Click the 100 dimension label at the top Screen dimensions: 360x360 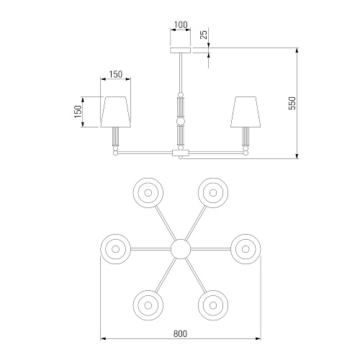coord(181,24)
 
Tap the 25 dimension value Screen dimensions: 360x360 coord(204,35)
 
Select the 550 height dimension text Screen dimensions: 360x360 coord(292,103)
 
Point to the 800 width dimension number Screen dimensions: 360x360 coord(180,333)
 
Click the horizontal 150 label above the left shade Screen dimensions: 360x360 coord(116,74)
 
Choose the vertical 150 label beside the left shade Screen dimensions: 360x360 coord(78,112)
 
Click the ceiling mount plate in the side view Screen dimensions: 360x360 coord(181,50)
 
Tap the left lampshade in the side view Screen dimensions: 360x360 coord(116,112)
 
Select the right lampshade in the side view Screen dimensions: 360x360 coord(246,112)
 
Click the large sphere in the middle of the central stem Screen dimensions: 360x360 coord(181,121)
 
